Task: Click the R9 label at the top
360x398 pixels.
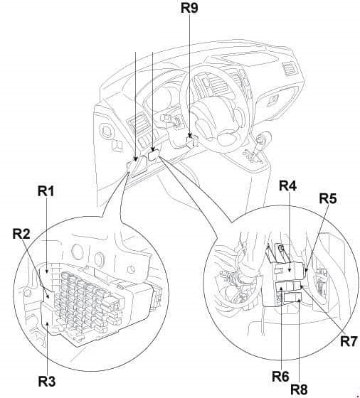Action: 189,8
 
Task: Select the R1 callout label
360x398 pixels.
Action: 46,191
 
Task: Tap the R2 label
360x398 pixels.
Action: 21,234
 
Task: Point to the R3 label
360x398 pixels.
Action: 47,382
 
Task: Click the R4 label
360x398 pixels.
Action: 288,185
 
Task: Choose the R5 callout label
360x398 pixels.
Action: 328,198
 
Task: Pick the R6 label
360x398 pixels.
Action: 280,377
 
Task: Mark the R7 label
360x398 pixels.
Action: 349,341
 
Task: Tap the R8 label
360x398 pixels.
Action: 299,389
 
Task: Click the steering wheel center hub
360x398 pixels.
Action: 216,117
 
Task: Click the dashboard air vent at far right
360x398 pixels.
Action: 289,69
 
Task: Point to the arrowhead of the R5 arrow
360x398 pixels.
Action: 306,270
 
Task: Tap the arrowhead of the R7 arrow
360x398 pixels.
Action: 302,286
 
